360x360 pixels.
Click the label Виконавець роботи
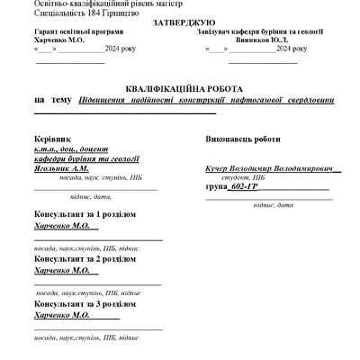244,140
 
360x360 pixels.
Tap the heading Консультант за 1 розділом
85,216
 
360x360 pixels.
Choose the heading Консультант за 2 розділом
85,259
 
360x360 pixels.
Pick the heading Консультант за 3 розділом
85,305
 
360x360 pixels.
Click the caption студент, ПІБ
244,177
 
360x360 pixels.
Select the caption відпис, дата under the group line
274,206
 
